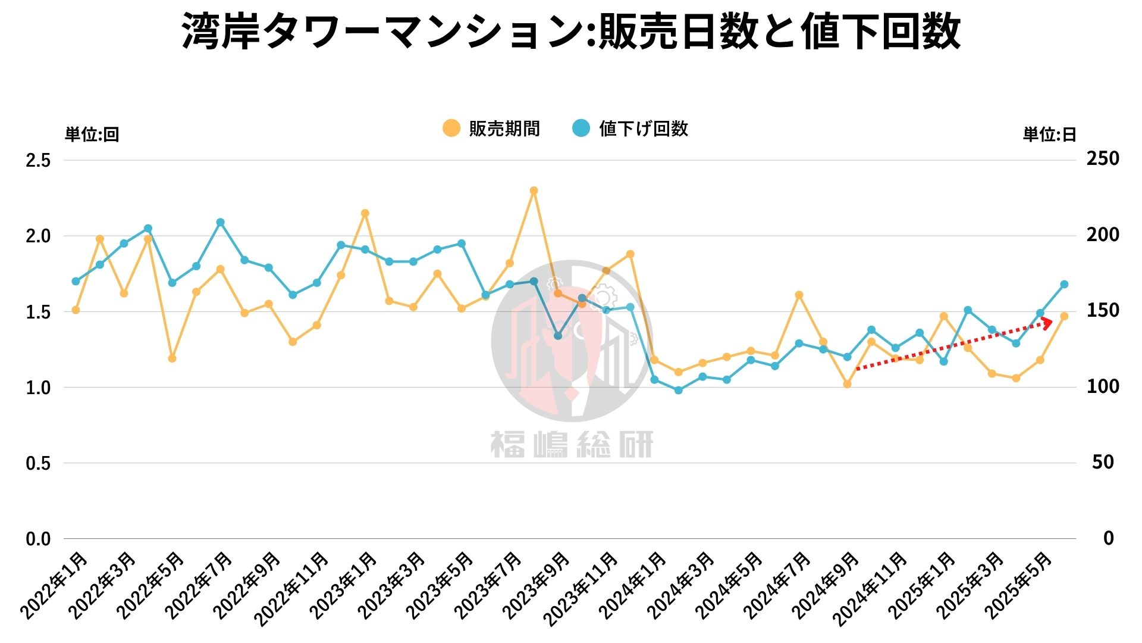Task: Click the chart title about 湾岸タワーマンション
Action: click(x=571, y=31)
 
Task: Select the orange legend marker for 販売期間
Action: click(x=451, y=128)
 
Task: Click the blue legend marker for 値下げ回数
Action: click(x=581, y=128)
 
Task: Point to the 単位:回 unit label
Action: click(x=92, y=135)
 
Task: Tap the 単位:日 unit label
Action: click(x=1049, y=135)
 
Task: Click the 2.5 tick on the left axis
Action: click(x=38, y=160)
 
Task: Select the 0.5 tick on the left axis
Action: click(x=38, y=463)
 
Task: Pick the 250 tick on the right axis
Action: click(x=1103, y=159)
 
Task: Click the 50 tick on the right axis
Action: click(x=1103, y=462)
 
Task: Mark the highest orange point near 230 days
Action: click(x=534, y=191)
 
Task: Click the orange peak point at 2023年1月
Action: click(x=365, y=213)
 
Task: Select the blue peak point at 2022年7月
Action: click(x=220, y=223)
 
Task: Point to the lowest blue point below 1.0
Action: click(x=678, y=391)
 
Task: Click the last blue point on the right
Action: click(x=1064, y=285)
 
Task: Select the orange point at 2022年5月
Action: click(x=172, y=358)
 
